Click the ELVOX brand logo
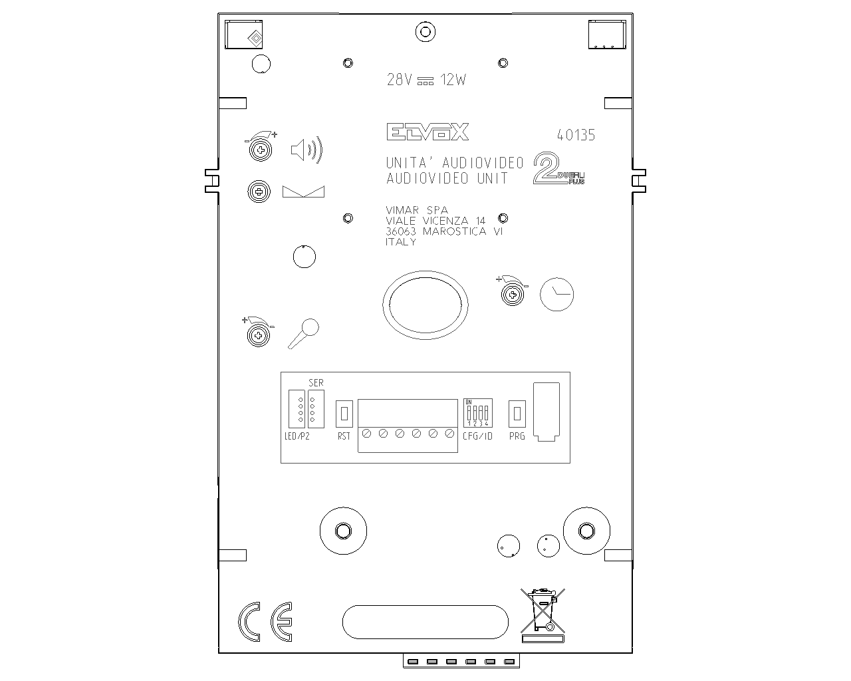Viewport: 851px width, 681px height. (x=428, y=132)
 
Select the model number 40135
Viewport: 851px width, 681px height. (x=576, y=136)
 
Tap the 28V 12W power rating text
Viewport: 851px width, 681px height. (x=426, y=80)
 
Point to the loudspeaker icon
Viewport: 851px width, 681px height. (x=306, y=150)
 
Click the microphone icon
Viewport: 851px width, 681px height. (x=304, y=333)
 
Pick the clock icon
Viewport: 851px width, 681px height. (x=556, y=294)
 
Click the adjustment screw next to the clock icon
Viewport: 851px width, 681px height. (x=513, y=294)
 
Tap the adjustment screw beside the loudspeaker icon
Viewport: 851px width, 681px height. (x=260, y=151)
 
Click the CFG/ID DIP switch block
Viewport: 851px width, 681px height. (x=477, y=413)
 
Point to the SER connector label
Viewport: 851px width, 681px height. (x=316, y=383)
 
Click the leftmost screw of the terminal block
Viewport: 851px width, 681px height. (x=366, y=434)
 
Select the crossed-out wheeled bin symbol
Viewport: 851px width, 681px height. (x=543, y=613)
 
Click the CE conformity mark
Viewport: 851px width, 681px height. (x=265, y=622)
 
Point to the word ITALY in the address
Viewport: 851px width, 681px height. (x=401, y=243)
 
